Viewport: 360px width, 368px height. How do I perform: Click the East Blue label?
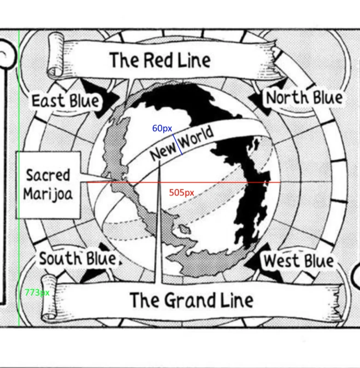pos(65,101)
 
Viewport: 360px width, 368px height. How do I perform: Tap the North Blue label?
pos(304,98)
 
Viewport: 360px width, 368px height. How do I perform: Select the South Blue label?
pos(78,259)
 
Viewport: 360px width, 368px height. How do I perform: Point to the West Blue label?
pos(299,261)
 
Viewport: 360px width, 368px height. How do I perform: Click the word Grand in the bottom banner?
pos(189,301)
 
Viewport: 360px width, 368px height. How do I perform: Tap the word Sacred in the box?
pos(48,175)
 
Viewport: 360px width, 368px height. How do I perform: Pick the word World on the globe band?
pos(197,138)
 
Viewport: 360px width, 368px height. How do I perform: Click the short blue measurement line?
pos(178,144)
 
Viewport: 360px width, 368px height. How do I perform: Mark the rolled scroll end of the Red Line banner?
pos(56,56)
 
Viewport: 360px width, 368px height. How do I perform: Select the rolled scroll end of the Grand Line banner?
pos(49,297)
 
